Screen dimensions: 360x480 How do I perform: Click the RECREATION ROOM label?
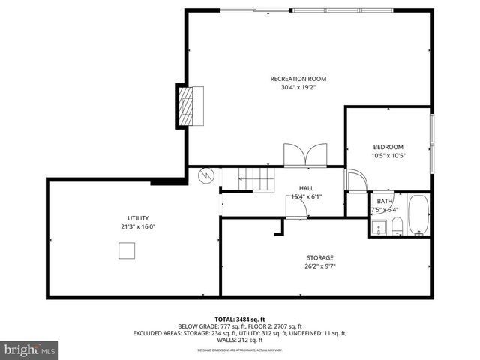coord(298,79)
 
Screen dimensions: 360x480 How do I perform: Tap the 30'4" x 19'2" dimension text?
coord(298,87)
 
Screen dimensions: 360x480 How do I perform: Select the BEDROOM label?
coord(388,147)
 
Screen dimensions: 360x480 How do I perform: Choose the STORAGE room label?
coord(319,258)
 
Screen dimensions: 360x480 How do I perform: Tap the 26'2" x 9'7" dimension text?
coord(319,266)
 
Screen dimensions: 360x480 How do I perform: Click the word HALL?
coord(306,188)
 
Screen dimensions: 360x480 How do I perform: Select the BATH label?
coord(384,201)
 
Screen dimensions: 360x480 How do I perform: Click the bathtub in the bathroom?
coord(418,214)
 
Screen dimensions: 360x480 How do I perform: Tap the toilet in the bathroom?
coord(397,226)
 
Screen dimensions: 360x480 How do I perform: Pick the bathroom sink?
coord(378,226)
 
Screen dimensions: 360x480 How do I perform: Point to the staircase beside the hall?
coord(256,179)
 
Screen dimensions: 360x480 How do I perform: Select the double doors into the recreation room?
coord(305,154)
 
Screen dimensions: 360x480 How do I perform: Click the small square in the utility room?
coord(127,251)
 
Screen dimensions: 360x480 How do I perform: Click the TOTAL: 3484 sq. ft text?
coord(239,319)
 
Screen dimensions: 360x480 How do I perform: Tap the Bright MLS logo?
coord(30,350)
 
